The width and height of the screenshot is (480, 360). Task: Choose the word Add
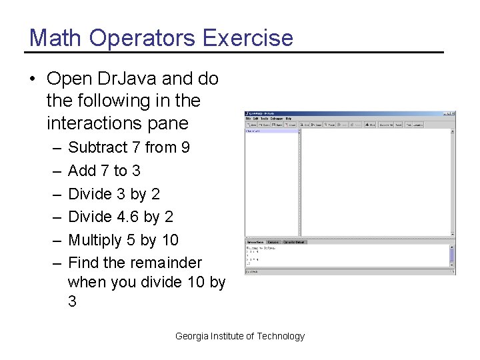tap(82, 171)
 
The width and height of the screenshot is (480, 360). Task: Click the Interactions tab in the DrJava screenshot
tap(255, 242)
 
